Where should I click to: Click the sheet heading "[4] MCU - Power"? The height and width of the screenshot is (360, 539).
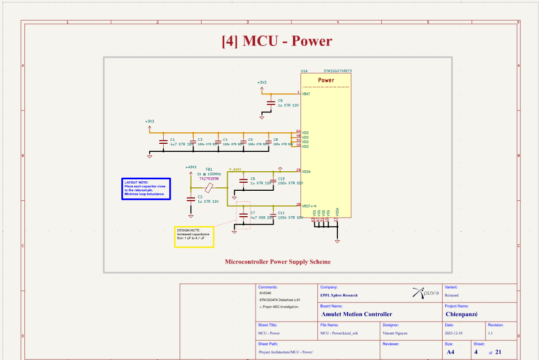pos(276,41)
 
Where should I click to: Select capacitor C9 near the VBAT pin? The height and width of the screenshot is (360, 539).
pos(270,103)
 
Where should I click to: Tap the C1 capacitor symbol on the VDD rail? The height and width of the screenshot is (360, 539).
pos(162,142)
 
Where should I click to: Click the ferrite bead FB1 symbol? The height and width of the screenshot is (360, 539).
pos(210,187)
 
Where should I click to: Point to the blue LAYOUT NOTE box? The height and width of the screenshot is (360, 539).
pos(146,189)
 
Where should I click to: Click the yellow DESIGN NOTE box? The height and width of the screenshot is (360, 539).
pos(194,237)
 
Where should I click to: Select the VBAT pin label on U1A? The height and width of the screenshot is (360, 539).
pos(306,94)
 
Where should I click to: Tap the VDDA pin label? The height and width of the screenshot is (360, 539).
pos(306,171)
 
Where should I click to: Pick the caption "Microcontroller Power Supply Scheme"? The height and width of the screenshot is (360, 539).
pos(277,262)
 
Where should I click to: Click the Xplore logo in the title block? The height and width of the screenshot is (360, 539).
pos(426,293)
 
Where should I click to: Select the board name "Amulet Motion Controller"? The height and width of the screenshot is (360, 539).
pos(357,314)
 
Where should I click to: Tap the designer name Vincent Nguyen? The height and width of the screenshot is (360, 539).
pos(396,333)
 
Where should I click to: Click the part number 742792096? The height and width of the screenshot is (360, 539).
pos(209,178)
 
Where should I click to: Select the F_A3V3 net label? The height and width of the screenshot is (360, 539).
pos(235,170)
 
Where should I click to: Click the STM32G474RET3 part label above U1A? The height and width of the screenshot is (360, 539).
pos(337,71)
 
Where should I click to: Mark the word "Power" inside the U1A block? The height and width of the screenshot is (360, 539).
pos(326,80)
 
